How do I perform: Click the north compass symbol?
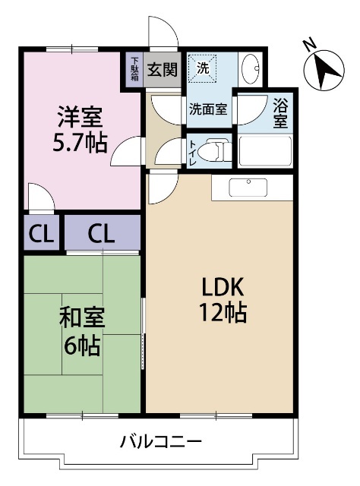point(326,70)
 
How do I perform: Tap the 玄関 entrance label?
point(162,70)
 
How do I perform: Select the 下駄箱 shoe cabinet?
point(134,70)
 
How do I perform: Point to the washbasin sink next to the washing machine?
point(251,71)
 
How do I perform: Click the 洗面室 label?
point(207,109)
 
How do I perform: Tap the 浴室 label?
point(280,112)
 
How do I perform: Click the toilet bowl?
point(217,150)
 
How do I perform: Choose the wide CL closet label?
point(101,235)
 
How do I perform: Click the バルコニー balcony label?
point(160,441)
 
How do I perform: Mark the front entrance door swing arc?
point(163,32)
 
